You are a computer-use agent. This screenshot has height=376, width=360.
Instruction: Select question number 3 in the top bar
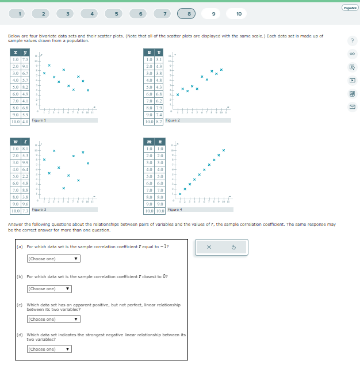point(68,13)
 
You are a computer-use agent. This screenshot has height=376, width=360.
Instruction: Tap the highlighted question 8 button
point(189,13)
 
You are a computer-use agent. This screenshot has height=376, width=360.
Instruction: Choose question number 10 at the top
point(238,13)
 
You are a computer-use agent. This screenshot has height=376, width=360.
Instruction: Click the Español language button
point(349,7)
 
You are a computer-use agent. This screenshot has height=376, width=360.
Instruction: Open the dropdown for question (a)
point(53,259)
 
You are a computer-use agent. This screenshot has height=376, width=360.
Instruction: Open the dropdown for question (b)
point(49,288)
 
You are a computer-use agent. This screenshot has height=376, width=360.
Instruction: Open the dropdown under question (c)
point(53,319)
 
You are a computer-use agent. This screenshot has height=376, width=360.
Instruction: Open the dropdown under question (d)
point(49,349)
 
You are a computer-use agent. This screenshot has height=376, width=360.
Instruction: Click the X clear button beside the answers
point(209,247)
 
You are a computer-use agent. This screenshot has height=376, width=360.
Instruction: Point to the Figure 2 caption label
point(173,120)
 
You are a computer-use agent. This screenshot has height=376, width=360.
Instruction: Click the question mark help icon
point(352,40)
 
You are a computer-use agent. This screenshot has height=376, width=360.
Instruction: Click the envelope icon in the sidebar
point(352,107)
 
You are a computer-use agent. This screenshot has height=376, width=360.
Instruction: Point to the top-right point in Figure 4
point(223,150)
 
